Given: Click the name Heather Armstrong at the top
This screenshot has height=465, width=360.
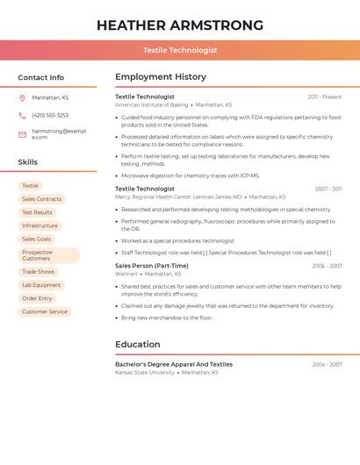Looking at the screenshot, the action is pos(180,25).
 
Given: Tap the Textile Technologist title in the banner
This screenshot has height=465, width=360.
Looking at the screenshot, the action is pos(180,50).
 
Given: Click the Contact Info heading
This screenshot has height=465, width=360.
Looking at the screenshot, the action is pos(41,77).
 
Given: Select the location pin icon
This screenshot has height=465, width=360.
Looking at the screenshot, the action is pos(22,98).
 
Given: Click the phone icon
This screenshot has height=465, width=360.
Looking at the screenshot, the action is pos(22,115).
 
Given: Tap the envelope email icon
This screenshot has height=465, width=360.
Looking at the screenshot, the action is pos(22,134).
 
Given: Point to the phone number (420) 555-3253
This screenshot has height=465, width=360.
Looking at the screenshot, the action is pos(50,115).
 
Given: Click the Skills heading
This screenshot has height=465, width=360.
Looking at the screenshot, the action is pos(28,162).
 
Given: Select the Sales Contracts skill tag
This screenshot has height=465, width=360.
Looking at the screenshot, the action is pos(42,199).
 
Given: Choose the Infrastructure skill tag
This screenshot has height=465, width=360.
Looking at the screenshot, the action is pos(40,225).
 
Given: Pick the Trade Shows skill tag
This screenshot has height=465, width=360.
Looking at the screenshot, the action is pos(38,272).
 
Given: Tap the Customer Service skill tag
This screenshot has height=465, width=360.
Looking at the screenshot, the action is pos(45,311).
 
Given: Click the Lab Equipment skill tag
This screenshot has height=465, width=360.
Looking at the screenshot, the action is pos(41,285).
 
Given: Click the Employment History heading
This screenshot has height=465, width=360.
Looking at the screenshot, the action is pos(161,77).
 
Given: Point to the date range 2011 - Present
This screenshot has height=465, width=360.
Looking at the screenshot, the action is pos(325,97).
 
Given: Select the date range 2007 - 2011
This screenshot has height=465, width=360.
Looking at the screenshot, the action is pos(328,189).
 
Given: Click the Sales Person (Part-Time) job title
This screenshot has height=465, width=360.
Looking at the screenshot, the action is pos(151,266).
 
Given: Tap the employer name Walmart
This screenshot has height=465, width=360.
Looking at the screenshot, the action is pos(126,274).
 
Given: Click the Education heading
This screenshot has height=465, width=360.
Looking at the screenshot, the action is pos(137,345).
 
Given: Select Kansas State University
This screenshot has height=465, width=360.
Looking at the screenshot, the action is pos(145,372).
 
